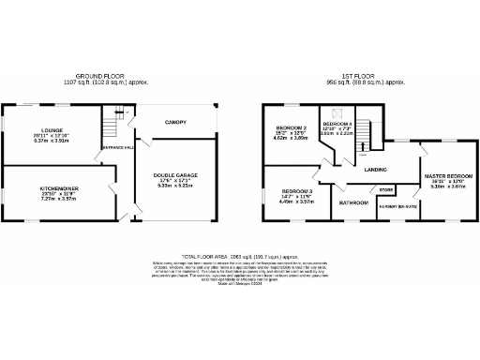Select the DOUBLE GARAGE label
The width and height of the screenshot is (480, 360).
click(x=176, y=175)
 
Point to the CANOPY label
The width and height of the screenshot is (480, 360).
click(x=173, y=122)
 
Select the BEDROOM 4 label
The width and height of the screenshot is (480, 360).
click(x=337, y=124)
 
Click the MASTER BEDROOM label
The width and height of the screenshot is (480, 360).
click(x=446, y=176)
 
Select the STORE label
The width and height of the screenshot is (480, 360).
click(x=385, y=190)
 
